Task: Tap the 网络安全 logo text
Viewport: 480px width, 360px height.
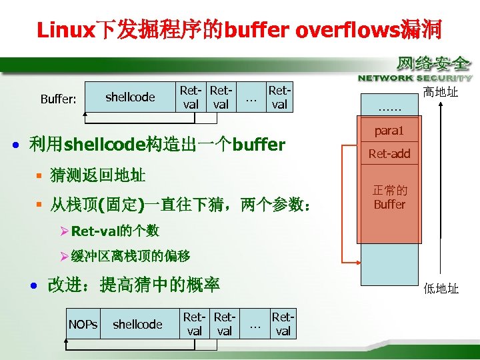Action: pos(433,65)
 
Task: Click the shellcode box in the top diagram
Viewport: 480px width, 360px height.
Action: pos(130,97)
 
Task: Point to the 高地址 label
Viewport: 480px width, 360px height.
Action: pos(441,92)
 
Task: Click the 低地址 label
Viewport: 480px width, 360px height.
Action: pos(441,289)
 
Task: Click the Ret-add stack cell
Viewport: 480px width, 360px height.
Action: pos(389,154)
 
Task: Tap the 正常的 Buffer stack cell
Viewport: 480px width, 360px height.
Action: pos(389,198)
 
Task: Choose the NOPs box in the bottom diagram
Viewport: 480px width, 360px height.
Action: pos(83,324)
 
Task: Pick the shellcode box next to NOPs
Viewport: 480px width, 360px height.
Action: pos(137,324)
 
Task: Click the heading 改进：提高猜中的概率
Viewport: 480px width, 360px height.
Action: pos(133,285)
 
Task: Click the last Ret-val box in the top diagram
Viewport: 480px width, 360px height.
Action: pos(279,97)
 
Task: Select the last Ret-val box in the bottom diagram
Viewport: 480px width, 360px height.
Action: pos(283,324)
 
